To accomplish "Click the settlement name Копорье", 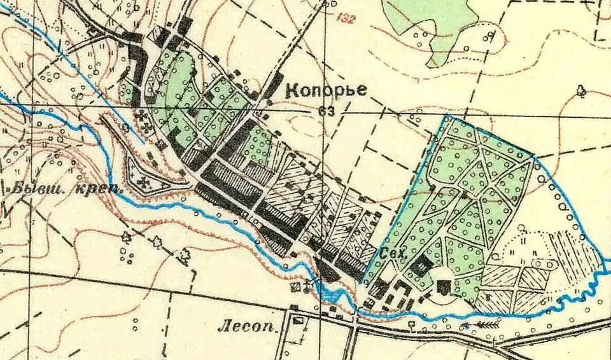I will [x=326, y=90].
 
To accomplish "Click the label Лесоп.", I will [x=249, y=329].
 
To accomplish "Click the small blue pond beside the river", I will [x=332, y=294].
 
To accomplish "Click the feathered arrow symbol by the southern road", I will [x=486, y=325].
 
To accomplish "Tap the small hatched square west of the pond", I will [x=295, y=287].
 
